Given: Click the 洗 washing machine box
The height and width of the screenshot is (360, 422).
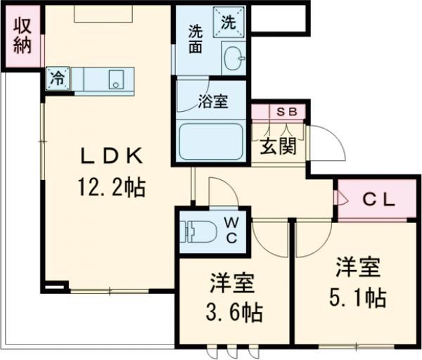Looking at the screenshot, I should (x=229, y=22).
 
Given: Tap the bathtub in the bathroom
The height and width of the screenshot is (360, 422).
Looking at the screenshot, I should (x=211, y=143).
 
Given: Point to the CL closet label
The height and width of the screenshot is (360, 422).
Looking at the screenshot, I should (x=378, y=200).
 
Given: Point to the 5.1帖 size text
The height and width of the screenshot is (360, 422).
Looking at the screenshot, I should (x=357, y=297).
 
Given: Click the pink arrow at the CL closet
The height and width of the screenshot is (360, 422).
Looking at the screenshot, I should (x=343, y=200).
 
